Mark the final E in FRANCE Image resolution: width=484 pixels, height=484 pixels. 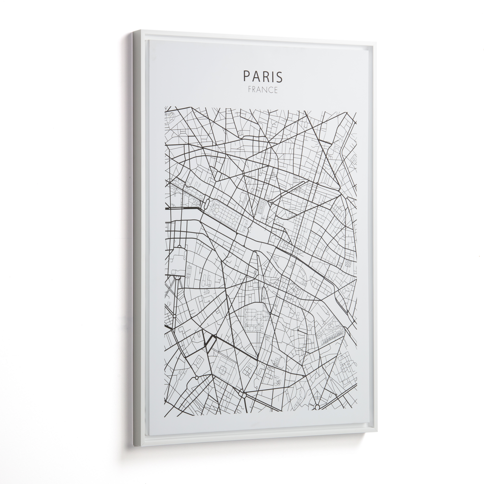click(x=277, y=90)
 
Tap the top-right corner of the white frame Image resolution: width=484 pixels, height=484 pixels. click(x=375, y=43)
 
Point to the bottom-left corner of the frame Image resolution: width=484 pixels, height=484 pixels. click(x=135, y=445)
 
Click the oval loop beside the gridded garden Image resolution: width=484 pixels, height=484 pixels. click(x=207, y=204)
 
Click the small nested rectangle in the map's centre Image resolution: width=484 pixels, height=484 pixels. click(x=261, y=207)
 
